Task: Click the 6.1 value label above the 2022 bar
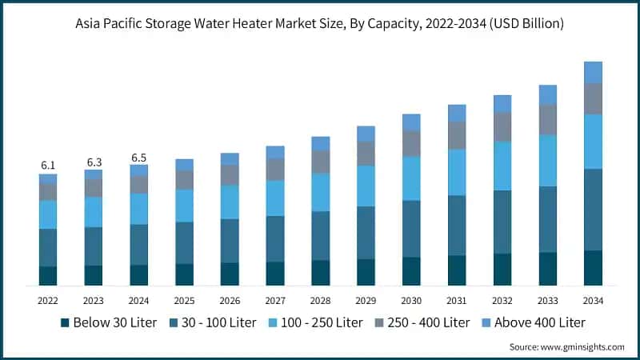point(48,165)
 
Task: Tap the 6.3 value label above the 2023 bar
point(94,162)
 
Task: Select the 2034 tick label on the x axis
point(593,301)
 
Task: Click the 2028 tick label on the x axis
point(320,301)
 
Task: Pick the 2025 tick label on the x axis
point(184,301)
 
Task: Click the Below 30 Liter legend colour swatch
point(64,323)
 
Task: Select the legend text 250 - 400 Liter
point(427,323)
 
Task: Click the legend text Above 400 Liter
point(541,323)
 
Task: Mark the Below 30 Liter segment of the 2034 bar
point(593,268)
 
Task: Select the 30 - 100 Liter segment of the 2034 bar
point(593,210)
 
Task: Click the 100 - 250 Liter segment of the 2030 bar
point(411,178)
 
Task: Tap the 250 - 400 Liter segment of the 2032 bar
point(502,126)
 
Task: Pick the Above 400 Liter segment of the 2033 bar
point(547,95)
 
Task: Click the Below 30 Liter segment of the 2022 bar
point(48,276)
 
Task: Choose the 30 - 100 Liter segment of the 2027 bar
point(275,238)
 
